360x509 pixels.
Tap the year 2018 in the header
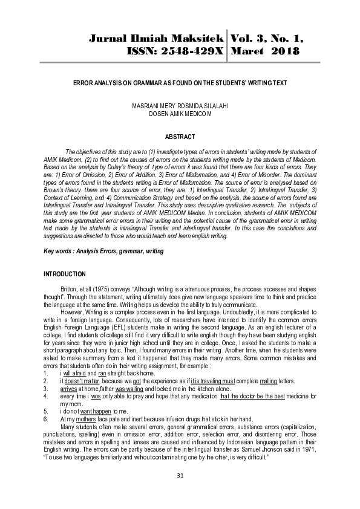282,52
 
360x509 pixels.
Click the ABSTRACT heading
179,137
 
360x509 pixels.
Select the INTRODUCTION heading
65,274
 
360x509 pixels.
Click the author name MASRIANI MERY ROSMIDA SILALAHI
180,106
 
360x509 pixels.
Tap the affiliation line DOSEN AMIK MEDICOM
180,113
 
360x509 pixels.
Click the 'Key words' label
61,250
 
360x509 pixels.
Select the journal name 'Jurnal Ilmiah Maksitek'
157,39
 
